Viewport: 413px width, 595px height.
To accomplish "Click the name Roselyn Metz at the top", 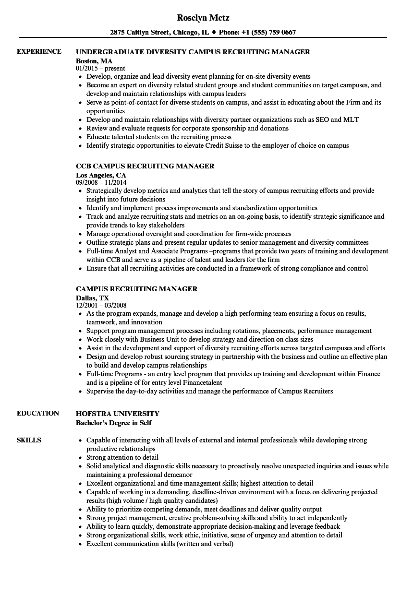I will click(203, 18).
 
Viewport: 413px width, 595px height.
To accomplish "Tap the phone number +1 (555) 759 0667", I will click(269, 33).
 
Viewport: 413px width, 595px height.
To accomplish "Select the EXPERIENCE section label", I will click(39, 51).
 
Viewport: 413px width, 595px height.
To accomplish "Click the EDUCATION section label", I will click(38, 413).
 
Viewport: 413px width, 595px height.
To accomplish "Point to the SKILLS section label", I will click(29, 440).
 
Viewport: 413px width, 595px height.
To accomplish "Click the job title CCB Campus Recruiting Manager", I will click(145, 166).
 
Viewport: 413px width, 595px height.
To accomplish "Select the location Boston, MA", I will click(94, 61).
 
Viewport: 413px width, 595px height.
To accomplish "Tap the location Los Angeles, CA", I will click(101, 175).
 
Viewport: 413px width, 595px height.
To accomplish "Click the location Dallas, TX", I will click(92, 298).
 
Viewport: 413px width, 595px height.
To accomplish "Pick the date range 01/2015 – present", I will click(100, 68).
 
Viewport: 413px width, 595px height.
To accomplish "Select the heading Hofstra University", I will click(118, 414).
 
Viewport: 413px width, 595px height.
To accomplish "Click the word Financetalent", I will click(202, 382).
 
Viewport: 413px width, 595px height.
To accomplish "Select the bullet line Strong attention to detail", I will click(122, 457).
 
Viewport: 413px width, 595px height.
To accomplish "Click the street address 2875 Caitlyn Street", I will click(139, 33).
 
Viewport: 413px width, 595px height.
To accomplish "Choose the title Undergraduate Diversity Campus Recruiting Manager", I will click(193, 52).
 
